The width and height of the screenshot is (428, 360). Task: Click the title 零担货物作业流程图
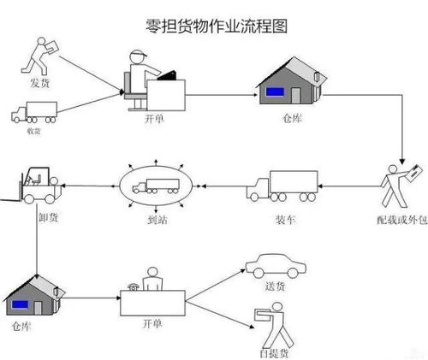click(214, 26)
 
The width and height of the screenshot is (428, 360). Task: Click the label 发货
click(39, 83)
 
